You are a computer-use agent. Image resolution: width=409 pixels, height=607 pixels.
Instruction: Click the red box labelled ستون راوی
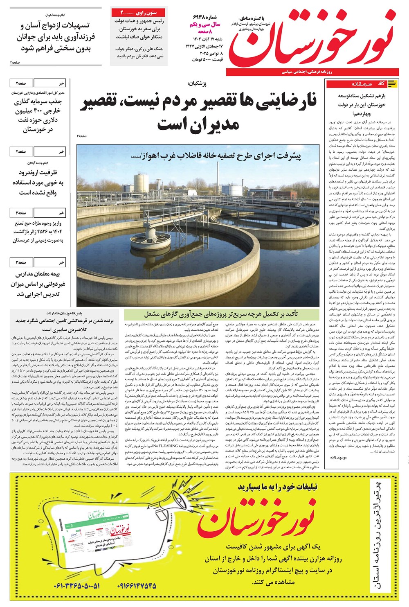tap(139, 13)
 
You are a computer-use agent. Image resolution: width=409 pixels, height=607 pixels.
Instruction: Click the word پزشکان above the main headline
tap(197, 83)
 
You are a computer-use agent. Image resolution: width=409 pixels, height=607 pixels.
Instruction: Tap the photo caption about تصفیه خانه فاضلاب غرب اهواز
tap(221, 156)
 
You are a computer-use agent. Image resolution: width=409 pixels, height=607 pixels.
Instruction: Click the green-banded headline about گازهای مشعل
tap(221, 314)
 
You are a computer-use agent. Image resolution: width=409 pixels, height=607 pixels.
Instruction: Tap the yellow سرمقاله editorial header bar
tap(362, 84)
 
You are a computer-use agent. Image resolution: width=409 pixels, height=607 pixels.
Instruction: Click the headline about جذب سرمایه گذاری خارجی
tap(38, 116)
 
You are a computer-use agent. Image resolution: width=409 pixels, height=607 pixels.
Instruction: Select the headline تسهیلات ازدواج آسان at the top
tap(55, 37)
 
